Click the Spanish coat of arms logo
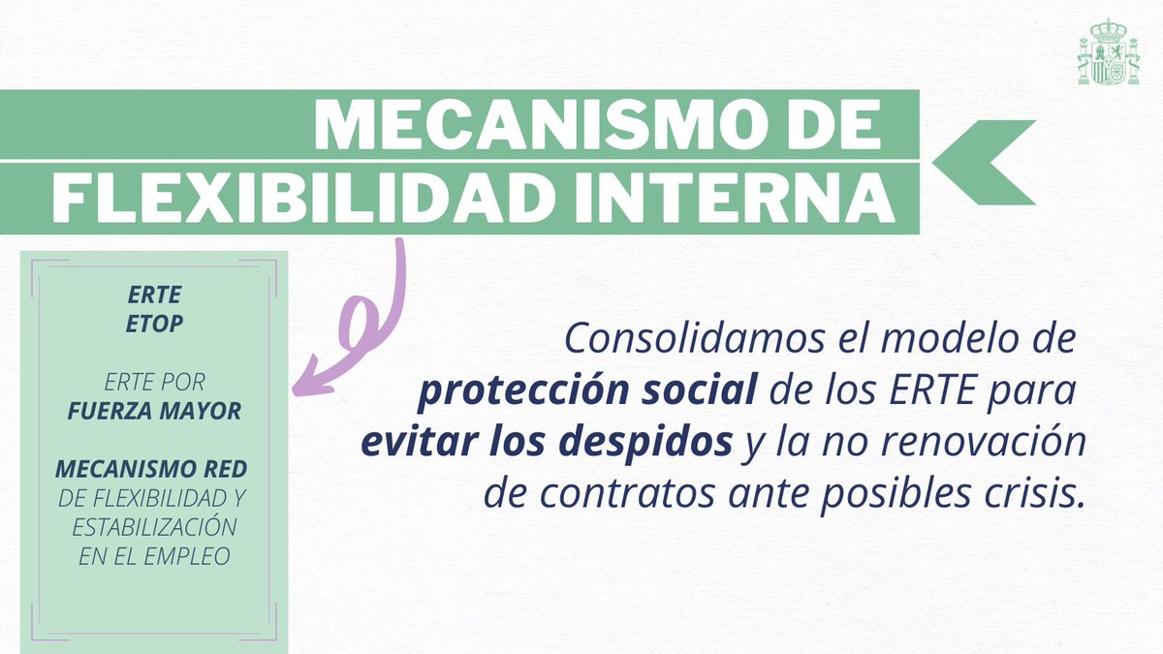point(1109,52)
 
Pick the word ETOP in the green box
point(154,325)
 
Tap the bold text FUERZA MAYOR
point(154,411)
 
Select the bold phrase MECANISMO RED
point(151,469)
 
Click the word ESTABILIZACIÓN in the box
point(154,527)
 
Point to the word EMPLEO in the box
point(186,557)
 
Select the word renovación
point(984,442)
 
